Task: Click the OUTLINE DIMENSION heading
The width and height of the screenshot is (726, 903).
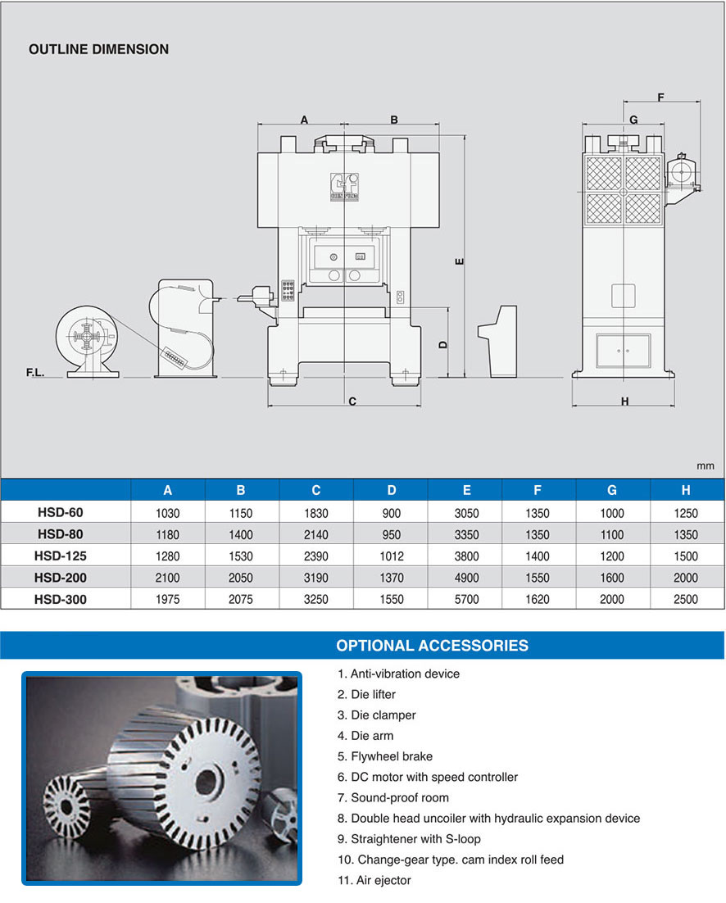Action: (x=98, y=49)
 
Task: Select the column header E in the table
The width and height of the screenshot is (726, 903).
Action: (x=466, y=490)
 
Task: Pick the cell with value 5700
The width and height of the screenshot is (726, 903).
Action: (x=466, y=599)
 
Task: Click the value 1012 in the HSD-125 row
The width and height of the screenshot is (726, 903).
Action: (x=391, y=556)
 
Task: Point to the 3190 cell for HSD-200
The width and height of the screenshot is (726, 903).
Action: (x=315, y=578)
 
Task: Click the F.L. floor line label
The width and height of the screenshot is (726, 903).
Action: (x=35, y=373)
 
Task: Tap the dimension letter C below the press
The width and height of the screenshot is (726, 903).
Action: (x=352, y=402)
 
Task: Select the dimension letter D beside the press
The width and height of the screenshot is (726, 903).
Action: (x=442, y=345)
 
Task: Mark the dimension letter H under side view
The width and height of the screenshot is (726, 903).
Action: (x=624, y=402)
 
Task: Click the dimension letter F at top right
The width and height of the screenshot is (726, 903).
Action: (x=660, y=98)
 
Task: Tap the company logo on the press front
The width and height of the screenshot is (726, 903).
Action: (x=340, y=185)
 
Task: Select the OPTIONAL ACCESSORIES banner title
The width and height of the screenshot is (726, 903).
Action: (x=432, y=645)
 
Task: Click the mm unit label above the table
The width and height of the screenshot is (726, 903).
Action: (x=706, y=465)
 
